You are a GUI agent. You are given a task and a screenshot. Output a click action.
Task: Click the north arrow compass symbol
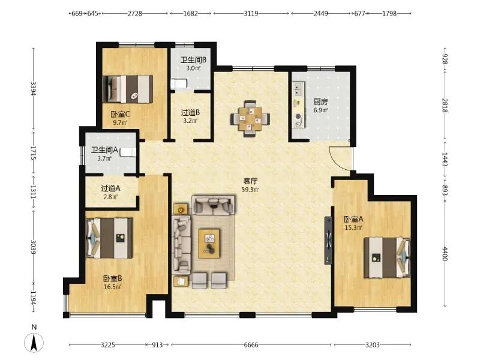click(x=34, y=342)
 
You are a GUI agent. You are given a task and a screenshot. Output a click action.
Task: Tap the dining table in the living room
click(x=250, y=118)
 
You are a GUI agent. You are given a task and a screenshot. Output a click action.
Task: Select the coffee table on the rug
click(x=209, y=243)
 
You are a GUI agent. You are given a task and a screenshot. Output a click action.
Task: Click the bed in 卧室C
click(x=128, y=89)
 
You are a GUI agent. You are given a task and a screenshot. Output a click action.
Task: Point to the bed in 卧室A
click(x=387, y=257)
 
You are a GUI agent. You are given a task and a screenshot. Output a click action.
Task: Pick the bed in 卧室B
click(x=109, y=238)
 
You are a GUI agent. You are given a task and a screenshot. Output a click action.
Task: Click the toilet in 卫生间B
click(x=178, y=84)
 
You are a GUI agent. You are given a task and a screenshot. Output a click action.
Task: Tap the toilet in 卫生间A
click(x=128, y=152)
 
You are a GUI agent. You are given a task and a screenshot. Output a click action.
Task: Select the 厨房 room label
click(x=320, y=101)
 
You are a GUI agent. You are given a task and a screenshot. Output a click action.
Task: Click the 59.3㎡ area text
click(x=250, y=190)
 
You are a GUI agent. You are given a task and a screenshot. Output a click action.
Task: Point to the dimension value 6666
click(x=251, y=345)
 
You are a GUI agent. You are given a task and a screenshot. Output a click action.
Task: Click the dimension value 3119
click(x=251, y=13)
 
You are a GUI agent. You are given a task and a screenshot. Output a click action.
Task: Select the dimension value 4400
click(x=445, y=254)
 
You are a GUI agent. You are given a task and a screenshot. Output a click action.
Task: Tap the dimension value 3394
click(x=34, y=88)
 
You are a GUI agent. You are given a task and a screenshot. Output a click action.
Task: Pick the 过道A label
click(x=110, y=188)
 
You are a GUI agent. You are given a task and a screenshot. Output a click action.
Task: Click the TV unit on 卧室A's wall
click(x=328, y=241)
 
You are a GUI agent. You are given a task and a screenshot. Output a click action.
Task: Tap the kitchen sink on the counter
click(x=297, y=89)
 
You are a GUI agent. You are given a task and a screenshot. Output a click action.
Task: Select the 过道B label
click(x=190, y=112)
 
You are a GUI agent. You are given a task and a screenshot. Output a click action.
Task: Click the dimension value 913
click(x=157, y=345)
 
